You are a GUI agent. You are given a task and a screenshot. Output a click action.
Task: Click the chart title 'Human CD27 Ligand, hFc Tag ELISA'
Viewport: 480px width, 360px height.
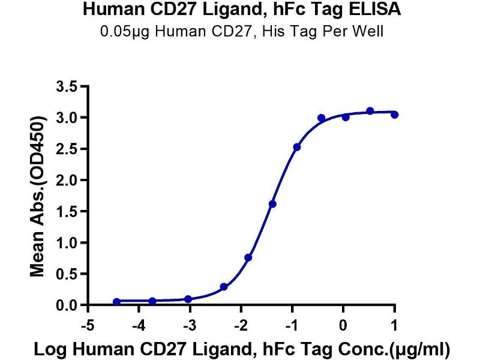239,10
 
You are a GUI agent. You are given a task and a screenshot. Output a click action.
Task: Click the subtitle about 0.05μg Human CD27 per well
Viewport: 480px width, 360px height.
239,31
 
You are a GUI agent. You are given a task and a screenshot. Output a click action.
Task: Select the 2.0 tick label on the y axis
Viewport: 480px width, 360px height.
67,180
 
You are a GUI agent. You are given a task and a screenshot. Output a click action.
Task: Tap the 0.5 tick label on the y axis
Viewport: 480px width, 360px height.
67,274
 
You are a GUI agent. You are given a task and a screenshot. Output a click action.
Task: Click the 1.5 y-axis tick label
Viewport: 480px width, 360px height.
67,212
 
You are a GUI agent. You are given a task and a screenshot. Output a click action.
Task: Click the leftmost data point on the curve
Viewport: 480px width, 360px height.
116,302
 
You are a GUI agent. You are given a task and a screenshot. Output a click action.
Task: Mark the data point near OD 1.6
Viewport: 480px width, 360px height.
272,204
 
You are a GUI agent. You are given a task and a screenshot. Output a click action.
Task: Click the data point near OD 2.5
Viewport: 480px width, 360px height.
297,147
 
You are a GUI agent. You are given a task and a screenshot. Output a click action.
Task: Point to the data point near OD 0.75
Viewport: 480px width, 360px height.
248,257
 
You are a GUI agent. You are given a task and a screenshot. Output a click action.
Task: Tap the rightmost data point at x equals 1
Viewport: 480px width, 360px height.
394,115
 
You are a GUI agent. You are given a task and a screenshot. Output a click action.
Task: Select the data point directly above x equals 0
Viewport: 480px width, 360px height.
346,117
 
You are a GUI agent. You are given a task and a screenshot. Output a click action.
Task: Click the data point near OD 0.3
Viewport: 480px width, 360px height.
224,287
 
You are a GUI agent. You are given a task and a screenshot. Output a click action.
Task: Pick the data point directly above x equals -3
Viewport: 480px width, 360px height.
188,299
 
